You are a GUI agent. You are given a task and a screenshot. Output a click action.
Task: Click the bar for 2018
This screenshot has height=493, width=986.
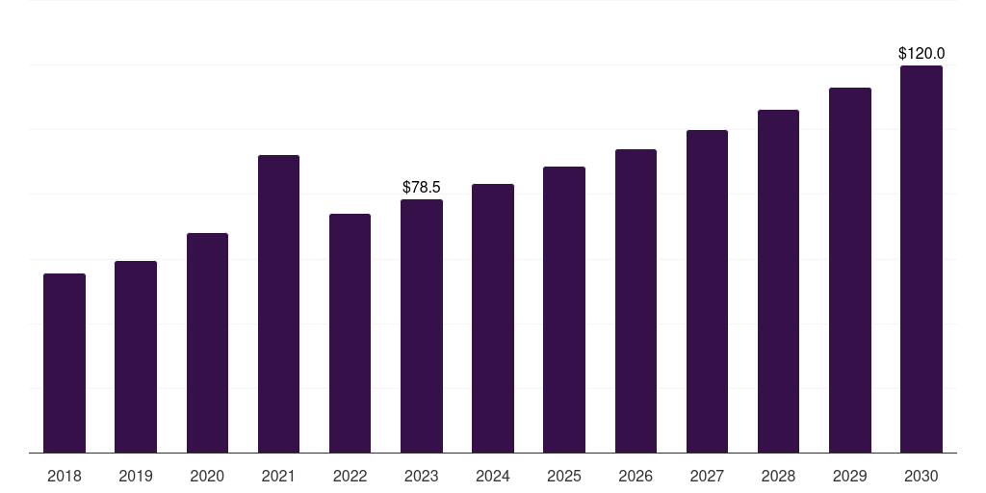click(x=65, y=363)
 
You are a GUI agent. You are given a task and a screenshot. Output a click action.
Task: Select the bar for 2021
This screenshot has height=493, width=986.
click(x=278, y=303)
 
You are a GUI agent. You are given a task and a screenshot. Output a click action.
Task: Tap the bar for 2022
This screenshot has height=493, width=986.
click(x=350, y=333)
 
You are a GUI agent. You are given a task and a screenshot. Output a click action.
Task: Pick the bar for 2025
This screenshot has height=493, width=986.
click(x=564, y=309)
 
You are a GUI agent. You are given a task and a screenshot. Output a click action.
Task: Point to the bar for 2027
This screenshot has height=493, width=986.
click(x=707, y=291)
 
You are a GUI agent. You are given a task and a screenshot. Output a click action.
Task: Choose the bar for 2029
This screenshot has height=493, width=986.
click(x=849, y=271)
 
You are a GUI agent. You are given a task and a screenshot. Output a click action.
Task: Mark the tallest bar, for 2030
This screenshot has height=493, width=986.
click(x=921, y=259)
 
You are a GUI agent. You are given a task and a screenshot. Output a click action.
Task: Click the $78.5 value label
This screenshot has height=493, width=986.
click(x=422, y=188)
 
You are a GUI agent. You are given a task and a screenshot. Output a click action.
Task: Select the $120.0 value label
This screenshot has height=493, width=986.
click(x=921, y=54)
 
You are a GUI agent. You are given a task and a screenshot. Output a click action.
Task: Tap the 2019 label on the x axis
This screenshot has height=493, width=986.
click(x=136, y=476)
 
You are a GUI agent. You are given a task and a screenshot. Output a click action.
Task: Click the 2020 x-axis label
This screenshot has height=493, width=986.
click(x=207, y=476)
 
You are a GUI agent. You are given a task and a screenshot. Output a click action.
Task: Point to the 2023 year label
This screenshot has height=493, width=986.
click(x=422, y=476)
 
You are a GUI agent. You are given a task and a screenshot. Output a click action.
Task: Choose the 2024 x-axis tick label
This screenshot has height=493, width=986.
click(x=493, y=476)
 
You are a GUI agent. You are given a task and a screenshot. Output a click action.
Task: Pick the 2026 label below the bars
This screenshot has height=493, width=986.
click(x=636, y=476)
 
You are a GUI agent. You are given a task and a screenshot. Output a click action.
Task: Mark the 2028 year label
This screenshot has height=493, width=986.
click(x=778, y=476)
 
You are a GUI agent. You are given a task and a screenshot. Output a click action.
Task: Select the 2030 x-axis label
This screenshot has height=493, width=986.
click(x=921, y=476)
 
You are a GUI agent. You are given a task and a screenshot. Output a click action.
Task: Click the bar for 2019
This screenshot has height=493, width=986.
click(x=136, y=356)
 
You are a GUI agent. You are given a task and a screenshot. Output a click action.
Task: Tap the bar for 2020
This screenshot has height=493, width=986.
click(x=207, y=343)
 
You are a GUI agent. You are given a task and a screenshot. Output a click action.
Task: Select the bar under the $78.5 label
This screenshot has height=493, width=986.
click(x=422, y=325)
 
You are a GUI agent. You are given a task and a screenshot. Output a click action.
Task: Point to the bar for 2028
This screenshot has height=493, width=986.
click(x=778, y=281)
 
